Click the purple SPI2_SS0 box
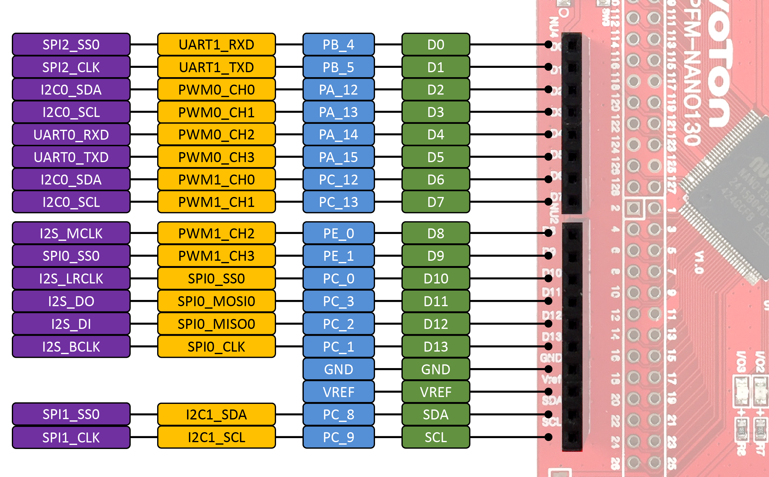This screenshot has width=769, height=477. pos(71,44)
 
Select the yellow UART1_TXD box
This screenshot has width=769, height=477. pos(216,67)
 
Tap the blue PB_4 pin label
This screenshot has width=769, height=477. pos(338,44)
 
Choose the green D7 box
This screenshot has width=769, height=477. pos(435,202)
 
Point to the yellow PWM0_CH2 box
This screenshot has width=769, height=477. pos(216,135)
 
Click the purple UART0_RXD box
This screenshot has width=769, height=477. pos(71,135)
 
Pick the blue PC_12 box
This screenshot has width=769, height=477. pos(338,180)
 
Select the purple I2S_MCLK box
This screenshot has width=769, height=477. pos(71,233)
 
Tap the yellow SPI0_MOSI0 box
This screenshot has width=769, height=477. pos(216,301)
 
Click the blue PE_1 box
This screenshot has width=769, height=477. pos(338,256)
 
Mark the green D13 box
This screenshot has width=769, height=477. pos(435,347)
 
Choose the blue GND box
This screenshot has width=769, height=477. pos(338,369)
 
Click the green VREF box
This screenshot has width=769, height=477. pos(435,392)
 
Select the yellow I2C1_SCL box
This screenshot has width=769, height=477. pos(216,437)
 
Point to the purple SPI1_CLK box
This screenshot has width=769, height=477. pos(71,437)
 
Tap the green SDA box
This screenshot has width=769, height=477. pos(435,414)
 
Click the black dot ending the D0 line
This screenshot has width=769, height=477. pos(548,44)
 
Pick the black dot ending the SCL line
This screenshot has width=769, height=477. pos(548,437)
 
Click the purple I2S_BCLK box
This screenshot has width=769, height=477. pos(71,347)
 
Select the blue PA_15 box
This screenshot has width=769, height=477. pos(338,157)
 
